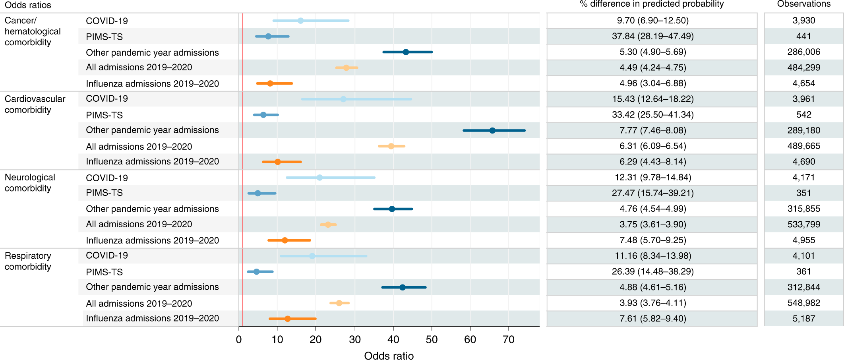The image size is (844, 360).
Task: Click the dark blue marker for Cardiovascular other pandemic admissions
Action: pyautogui.click(x=492, y=130)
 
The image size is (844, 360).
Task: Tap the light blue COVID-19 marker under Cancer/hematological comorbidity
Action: pyautogui.click(x=300, y=21)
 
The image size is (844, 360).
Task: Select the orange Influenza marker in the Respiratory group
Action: pyautogui.click(x=287, y=319)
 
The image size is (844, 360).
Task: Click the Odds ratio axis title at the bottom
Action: pyautogui.click(x=389, y=356)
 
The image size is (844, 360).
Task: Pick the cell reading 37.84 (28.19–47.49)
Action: pyautogui.click(x=652, y=36)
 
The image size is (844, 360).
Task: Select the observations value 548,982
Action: pyautogui.click(x=803, y=303)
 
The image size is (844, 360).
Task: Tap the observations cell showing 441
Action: pyautogui.click(x=803, y=36)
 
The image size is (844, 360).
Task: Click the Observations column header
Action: pyautogui.click(x=803, y=4)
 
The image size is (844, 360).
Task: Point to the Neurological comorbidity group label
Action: pyautogui.click(x=30, y=183)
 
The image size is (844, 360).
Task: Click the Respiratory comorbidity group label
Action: pyautogui.click(x=28, y=261)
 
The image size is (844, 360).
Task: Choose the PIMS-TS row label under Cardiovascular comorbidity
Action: pyautogui.click(x=104, y=115)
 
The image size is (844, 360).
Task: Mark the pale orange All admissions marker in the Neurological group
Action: pyautogui.click(x=328, y=225)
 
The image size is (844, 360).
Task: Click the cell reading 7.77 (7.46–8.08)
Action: pyautogui.click(x=652, y=130)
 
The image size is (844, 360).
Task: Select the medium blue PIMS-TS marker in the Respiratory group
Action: pyautogui.click(x=256, y=272)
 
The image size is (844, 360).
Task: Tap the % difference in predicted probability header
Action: pyautogui.click(x=652, y=4)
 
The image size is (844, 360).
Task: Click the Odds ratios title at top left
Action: pyautogui.click(x=28, y=5)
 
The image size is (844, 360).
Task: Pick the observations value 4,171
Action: pyautogui.click(x=803, y=177)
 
